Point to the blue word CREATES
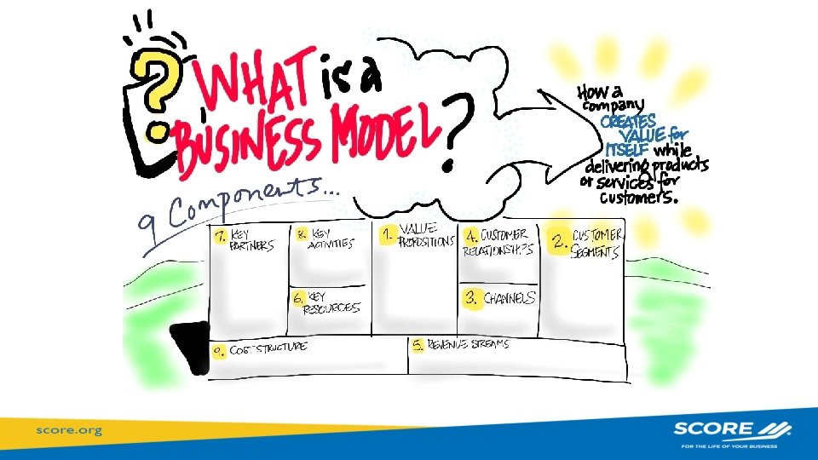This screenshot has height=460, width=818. point(628,121)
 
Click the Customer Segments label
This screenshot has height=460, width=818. point(597,241)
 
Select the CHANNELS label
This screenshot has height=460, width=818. point(510,298)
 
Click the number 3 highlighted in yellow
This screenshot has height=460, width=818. point(470,298)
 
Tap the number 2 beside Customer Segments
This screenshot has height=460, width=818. point(559,242)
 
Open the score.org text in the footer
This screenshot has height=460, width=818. point(68,430)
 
